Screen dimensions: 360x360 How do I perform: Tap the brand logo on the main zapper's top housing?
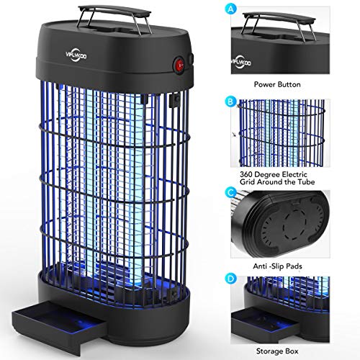[76, 55]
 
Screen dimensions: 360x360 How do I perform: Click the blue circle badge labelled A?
[231, 9]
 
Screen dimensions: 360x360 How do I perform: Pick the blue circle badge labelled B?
[230, 102]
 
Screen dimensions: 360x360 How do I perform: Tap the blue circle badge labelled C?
[231, 192]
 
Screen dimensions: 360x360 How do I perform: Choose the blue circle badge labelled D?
[231, 279]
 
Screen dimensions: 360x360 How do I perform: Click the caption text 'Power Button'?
[277, 84]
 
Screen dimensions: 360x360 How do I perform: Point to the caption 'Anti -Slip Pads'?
[277, 266]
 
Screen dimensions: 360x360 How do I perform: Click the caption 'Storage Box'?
[277, 351]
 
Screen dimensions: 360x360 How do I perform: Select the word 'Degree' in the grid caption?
[266, 175]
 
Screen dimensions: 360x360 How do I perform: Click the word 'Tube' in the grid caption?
[306, 182]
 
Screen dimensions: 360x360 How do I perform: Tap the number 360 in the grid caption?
[246, 174]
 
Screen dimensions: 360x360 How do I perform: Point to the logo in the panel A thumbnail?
[241, 63]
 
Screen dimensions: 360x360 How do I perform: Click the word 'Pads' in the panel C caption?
[294, 266]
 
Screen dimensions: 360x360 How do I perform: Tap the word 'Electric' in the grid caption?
[294, 174]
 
